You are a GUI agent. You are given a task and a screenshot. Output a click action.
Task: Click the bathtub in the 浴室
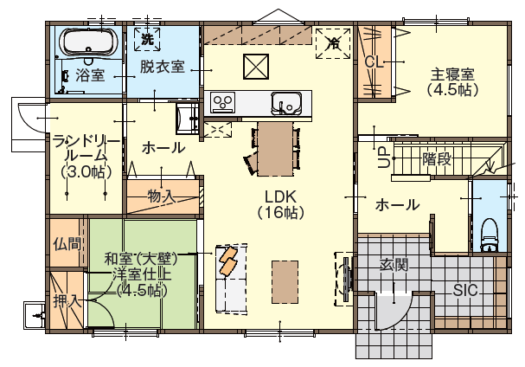[x=89, y=42]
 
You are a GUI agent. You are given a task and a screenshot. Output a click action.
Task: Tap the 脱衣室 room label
[x=163, y=67]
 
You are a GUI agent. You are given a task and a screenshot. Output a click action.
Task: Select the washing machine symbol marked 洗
[x=147, y=39]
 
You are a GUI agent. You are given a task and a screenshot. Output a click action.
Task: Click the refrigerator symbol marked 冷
[x=333, y=43]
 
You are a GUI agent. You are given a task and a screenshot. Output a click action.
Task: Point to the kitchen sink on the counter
[x=287, y=103]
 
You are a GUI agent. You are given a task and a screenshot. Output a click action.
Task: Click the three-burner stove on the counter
[x=223, y=102]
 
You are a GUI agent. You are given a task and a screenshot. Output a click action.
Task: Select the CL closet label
[x=374, y=62]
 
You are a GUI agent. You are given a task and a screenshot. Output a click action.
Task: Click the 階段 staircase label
[x=437, y=158]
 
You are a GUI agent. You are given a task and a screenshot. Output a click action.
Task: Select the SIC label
[x=465, y=290]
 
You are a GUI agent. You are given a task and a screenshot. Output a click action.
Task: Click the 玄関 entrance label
[x=394, y=265]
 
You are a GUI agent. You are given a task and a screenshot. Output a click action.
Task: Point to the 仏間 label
[x=67, y=243]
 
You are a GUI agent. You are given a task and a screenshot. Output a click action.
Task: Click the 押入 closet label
[x=67, y=301]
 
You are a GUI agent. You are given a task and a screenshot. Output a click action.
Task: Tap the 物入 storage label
[x=162, y=196]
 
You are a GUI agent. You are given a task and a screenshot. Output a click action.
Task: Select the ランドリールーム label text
[x=86, y=156]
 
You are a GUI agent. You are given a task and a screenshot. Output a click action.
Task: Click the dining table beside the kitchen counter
[x=275, y=149]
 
